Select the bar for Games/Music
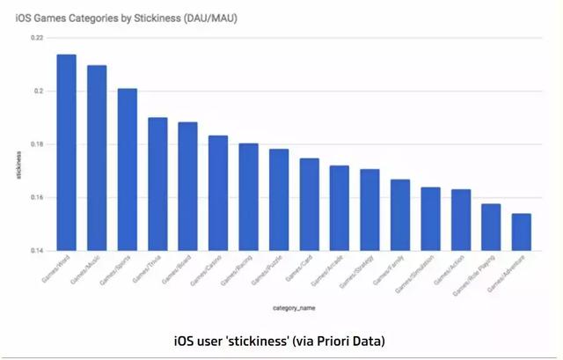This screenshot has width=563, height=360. point(97,158)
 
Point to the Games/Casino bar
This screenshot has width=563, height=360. point(218,193)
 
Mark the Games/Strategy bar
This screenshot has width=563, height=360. point(369,209)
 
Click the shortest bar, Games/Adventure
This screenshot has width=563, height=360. point(521,231)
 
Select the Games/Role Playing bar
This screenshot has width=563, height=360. point(491,227)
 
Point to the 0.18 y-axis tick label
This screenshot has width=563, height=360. point(36,144)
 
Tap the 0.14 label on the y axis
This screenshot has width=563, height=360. point(36,251)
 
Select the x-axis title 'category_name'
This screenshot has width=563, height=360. point(294,307)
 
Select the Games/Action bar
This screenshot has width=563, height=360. point(460,219)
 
